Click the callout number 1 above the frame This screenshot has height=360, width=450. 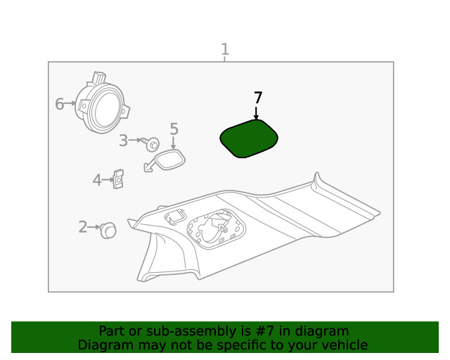(225, 49)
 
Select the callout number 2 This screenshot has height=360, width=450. (83, 227)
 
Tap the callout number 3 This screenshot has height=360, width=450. (124, 141)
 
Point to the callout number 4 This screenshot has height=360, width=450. (97, 180)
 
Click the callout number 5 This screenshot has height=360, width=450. (174, 129)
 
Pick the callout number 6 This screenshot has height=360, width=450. (59, 103)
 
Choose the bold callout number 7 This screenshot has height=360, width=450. (258, 98)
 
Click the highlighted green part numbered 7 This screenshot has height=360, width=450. (249, 139)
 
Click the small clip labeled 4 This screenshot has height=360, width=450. (118, 179)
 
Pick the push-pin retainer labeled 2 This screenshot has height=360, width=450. (108, 230)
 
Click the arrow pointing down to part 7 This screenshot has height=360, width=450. (256, 113)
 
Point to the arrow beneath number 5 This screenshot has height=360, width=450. (173, 143)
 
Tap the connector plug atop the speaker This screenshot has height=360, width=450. (98, 77)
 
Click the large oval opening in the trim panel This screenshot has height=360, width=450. (216, 229)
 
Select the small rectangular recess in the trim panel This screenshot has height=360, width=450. (175, 217)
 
